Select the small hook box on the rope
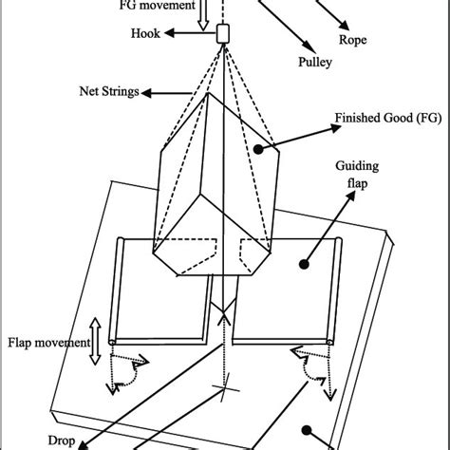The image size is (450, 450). click(224, 34)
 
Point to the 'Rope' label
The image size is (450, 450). click(353, 40)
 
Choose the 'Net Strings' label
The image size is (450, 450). click(106, 92)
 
